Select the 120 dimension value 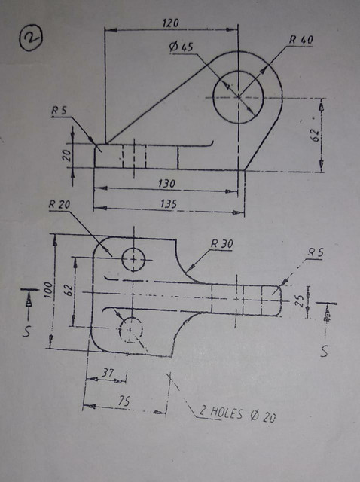tap(171, 24)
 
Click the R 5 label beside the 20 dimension tap(59, 111)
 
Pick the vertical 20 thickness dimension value tap(66, 156)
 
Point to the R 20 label tap(58, 205)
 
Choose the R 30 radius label tap(223, 243)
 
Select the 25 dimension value tap(301, 300)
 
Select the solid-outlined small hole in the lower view tap(134, 259)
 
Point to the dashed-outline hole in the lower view tap(132, 328)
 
